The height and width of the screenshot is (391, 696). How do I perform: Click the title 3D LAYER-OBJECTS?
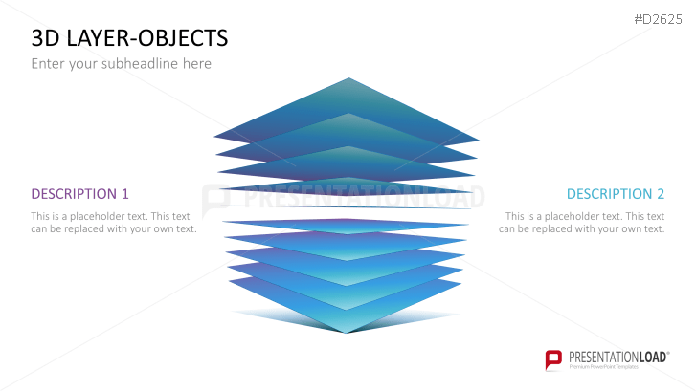[x=129, y=38]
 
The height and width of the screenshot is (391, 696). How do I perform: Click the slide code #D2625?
[x=659, y=19]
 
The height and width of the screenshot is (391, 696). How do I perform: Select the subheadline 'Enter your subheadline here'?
[x=122, y=64]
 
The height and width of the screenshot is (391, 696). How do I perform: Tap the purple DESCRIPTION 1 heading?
[x=79, y=194]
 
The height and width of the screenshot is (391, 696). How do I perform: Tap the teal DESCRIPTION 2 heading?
[x=616, y=194]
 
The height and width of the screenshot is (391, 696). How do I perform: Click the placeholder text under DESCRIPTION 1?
[x=114, y=223]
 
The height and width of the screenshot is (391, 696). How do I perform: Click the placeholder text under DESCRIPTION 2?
[x=581, y=223]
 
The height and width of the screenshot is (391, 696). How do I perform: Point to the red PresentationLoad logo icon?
[x=553, y=359]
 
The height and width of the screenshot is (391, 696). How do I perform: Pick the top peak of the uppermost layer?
[x=348, y=78]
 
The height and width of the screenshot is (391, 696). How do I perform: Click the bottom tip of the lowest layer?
[x=347, y=333]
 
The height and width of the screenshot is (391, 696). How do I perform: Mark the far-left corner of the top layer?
[x=214, y=137]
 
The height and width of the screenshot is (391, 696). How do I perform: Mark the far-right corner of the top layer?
[x=479, y=141]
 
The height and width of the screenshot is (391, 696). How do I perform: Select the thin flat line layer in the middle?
[x=347, y=206]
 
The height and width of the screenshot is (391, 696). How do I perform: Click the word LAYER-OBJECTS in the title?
[x=147, y=38]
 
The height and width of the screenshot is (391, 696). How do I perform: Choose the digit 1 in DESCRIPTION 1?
[x=125, y=194]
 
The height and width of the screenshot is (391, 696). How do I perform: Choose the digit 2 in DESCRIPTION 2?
[x=661, y=194]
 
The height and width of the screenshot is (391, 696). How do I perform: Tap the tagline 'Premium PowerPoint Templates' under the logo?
[x=604, y=367]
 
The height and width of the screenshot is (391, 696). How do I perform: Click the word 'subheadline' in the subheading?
[x=140, y=64]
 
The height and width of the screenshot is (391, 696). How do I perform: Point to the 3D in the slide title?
[x=46, y=38]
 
